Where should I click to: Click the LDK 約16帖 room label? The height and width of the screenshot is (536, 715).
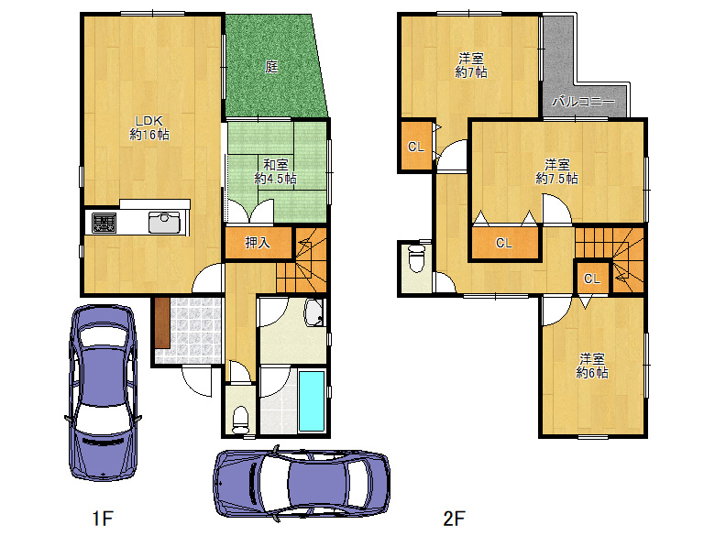point(149,128)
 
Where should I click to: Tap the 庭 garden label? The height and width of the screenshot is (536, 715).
point(271,67)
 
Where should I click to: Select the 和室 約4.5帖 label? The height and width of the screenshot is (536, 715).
point(275,171)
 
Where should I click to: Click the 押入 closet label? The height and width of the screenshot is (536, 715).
point(258,243)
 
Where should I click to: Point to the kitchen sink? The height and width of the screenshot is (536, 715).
point(164,224)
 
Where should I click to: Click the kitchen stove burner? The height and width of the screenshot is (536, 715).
point(104,224)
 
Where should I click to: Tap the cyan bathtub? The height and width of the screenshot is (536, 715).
point(312,401)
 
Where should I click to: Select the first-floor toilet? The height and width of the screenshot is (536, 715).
point(240,420)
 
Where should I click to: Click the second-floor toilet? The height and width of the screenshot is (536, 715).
point(416,258)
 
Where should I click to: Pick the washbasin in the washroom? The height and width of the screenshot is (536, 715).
point(313,312)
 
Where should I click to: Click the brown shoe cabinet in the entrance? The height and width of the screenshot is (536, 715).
point(162,323)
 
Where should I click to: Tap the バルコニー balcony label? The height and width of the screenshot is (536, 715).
point(583,101)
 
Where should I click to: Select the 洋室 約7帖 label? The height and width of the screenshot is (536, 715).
point(470,65)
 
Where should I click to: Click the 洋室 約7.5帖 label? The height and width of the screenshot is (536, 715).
point(556,171)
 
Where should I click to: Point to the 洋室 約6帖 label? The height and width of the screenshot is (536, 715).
point(592,366)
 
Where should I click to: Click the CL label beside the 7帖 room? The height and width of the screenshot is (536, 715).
point(416,147)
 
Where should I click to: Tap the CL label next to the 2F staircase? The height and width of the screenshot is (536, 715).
point(592,279)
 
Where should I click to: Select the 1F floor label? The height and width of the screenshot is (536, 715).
point(102,519)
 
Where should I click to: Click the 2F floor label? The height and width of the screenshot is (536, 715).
point(454,519)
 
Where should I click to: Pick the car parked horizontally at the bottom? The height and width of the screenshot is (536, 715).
point(302,483)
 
